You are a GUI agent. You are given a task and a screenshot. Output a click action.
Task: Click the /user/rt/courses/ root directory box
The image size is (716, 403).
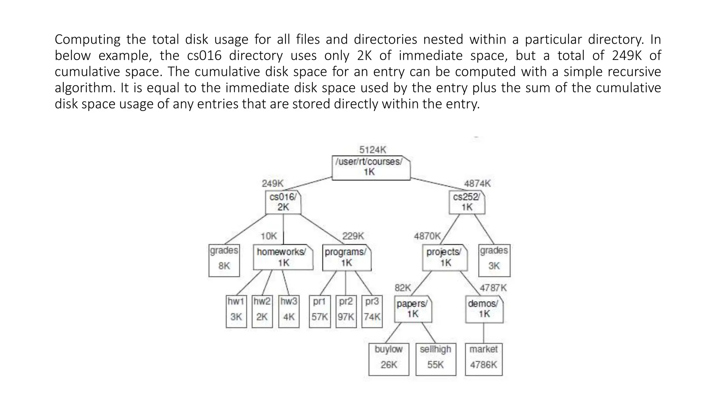click(x=371, y=168)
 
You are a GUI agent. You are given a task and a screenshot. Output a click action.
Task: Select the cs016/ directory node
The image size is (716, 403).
click(x=283, y=202)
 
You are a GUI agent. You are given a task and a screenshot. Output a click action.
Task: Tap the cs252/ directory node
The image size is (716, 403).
click(x=467, y=202)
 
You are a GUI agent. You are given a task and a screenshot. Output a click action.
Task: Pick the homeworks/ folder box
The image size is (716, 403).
click(x=283, y=257)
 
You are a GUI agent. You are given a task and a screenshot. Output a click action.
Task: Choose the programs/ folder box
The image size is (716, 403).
click(x=346, y=257)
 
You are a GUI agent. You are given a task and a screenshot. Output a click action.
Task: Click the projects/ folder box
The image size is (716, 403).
click(x=445, y=257)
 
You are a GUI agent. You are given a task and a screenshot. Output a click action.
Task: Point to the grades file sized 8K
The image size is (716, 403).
click(x=224, y=260)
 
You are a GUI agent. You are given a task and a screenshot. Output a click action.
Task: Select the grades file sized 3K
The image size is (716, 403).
click(x=494, y=260)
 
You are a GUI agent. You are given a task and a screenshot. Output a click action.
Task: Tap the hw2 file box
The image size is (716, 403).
click(x=262, y=311)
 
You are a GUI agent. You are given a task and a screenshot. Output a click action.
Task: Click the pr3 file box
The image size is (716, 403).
click(x=372, y=311)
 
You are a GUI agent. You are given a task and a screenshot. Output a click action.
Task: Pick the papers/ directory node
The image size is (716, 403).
click(x=413, y=309)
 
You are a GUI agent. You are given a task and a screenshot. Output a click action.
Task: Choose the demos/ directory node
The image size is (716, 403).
click(x=484, y=309)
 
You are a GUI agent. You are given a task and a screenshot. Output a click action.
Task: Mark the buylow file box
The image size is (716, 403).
click(x=389, y=359)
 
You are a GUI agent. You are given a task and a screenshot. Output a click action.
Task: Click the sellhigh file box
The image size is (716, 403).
click(x=436, y=359)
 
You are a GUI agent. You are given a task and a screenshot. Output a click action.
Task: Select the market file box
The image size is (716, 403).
click(x=484, y=359)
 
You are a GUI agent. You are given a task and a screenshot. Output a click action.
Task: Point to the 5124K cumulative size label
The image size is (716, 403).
click(x=373, y=150)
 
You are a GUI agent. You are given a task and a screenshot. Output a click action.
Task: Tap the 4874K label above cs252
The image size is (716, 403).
click(x=477, y=183)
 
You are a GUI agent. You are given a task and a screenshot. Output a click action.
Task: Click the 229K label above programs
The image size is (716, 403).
click(x=353, y=236)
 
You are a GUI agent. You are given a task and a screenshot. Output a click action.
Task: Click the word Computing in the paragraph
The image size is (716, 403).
click(x=87, y=40)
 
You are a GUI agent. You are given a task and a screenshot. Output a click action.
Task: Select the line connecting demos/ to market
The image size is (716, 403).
click(x=484, y=333)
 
